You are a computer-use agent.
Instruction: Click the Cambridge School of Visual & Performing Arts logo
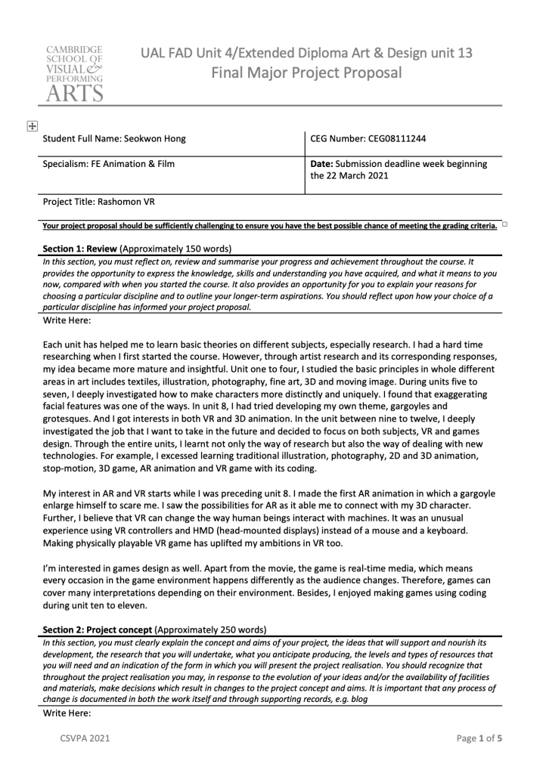[73, 73]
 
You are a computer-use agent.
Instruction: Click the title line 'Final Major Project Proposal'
[306, 73]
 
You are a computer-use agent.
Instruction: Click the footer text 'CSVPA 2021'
[85, 738]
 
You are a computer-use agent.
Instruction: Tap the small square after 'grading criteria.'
[504, 224]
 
